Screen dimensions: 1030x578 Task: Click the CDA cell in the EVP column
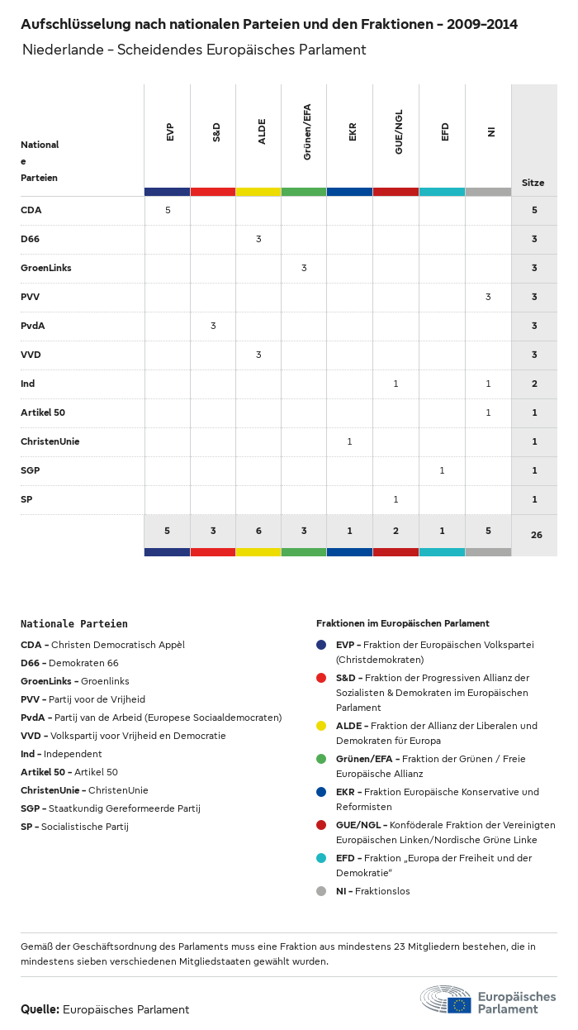coord(168,210)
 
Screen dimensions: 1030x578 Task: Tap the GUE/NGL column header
coord(399,134)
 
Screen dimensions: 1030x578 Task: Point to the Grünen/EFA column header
coord(307,132)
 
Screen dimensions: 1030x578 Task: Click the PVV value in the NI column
coord(488,297)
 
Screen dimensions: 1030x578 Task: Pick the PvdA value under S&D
coord(213,326)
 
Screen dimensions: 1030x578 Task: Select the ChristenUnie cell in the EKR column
coord(349,441)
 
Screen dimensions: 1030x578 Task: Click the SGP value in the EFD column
coord(442,470)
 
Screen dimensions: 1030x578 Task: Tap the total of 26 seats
coord(536,535)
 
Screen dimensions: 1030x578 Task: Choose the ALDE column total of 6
coord(258,531)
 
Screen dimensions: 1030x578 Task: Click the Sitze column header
coord(533,183)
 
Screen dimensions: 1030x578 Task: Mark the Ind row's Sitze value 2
coord(534,384)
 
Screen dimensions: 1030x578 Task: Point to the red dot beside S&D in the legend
coord(321,678)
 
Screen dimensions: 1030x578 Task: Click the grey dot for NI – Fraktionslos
coord(321,891)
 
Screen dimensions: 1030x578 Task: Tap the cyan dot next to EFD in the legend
coord(321,858)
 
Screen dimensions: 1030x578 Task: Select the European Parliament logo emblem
coord(446,999)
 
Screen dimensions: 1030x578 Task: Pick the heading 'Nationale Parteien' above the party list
coord(74,624)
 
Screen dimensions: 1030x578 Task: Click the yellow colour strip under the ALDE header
coord(258,192)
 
